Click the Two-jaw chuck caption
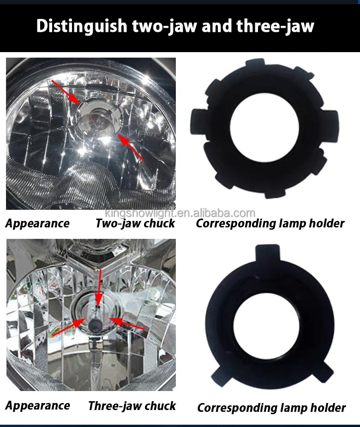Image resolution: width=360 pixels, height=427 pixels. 135,224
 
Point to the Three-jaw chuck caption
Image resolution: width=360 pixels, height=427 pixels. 132,406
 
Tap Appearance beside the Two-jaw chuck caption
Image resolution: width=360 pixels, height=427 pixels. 37,224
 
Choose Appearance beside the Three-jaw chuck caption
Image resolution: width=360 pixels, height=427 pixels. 38,406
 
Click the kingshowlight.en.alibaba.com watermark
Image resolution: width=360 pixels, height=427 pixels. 180,213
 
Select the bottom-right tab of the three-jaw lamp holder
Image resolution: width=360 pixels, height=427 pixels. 323,371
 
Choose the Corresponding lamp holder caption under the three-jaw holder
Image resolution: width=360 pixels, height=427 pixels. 271,408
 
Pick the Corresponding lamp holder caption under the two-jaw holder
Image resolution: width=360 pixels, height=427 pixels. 270,224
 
